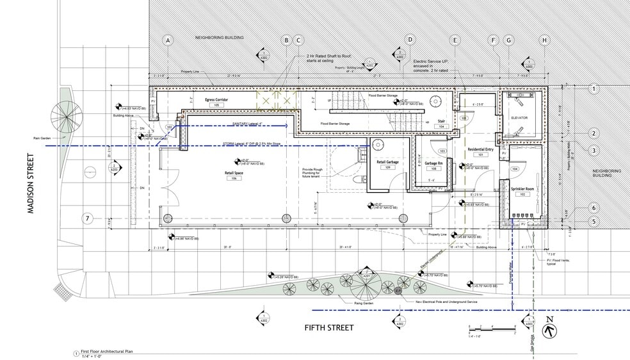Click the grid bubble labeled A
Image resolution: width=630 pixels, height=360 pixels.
[168, 40]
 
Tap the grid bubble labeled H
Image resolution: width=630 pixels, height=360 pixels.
[545, 40]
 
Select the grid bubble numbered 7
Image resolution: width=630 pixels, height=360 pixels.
[87, 219]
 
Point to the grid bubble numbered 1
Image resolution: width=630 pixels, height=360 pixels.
[594, 89]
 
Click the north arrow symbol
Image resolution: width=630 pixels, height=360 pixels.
[549, 331]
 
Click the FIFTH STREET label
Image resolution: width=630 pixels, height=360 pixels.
[328, 328]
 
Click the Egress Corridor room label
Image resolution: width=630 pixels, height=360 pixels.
[217, 101]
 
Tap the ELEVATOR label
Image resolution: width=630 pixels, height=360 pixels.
[519, 117]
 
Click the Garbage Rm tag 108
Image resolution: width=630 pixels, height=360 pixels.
[433, 169]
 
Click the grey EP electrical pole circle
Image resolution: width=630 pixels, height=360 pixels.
[398, 291]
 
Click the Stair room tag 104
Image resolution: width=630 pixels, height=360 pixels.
[441, 127]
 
